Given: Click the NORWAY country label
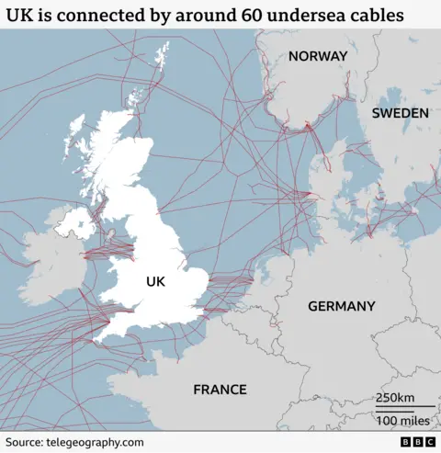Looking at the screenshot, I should [x=318, y=56].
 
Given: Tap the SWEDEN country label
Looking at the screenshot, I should [x=400, y=113].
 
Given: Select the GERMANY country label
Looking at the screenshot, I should [x=341, y=306].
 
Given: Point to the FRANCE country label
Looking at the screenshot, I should [x=220, y=390].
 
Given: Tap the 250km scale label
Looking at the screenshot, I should [x=395, y=398].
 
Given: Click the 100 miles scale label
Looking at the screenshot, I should [x=401, y=420].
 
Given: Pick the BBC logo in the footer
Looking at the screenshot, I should [x=417, y=442].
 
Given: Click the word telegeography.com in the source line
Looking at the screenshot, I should [x=97, y=442].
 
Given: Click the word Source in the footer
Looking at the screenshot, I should [x=25, y=442].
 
